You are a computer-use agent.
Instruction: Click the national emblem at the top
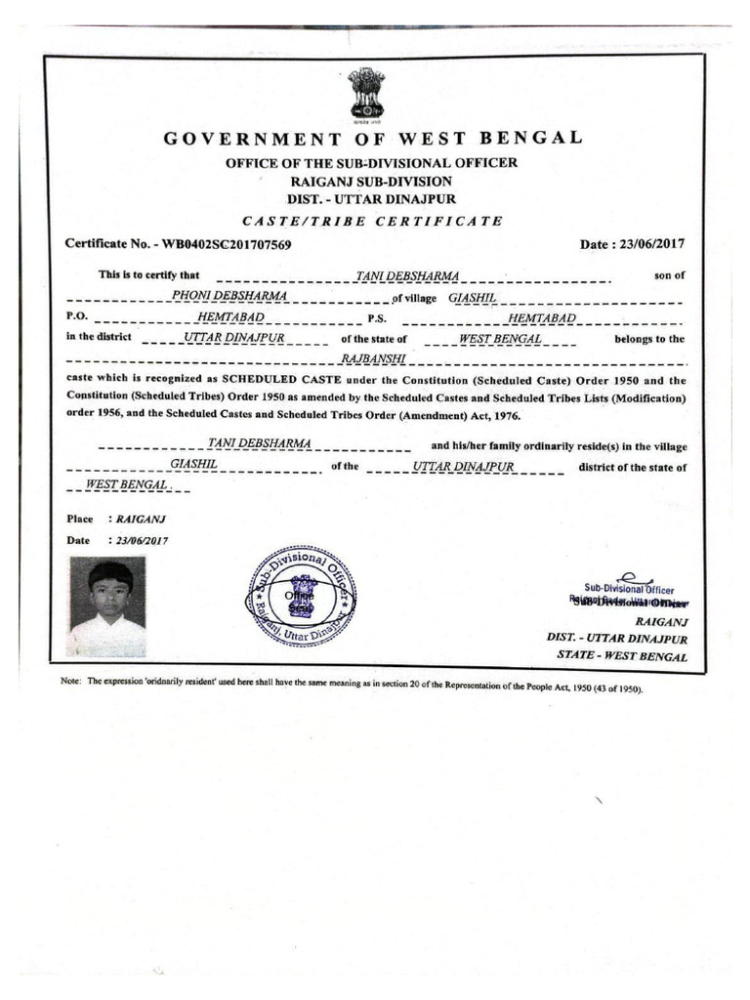(x=367, y=93)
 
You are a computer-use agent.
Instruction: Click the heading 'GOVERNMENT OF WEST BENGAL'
(x=372, y=138)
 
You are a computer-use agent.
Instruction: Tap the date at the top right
(x=634, y=244)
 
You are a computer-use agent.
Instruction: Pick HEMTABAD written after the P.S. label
(x=543, y=318)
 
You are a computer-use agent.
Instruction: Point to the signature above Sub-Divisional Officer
(x=629, y=578)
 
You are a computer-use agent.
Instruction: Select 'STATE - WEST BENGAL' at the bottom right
(x=621, y=656)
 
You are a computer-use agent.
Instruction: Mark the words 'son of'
(x=669, y=276)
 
